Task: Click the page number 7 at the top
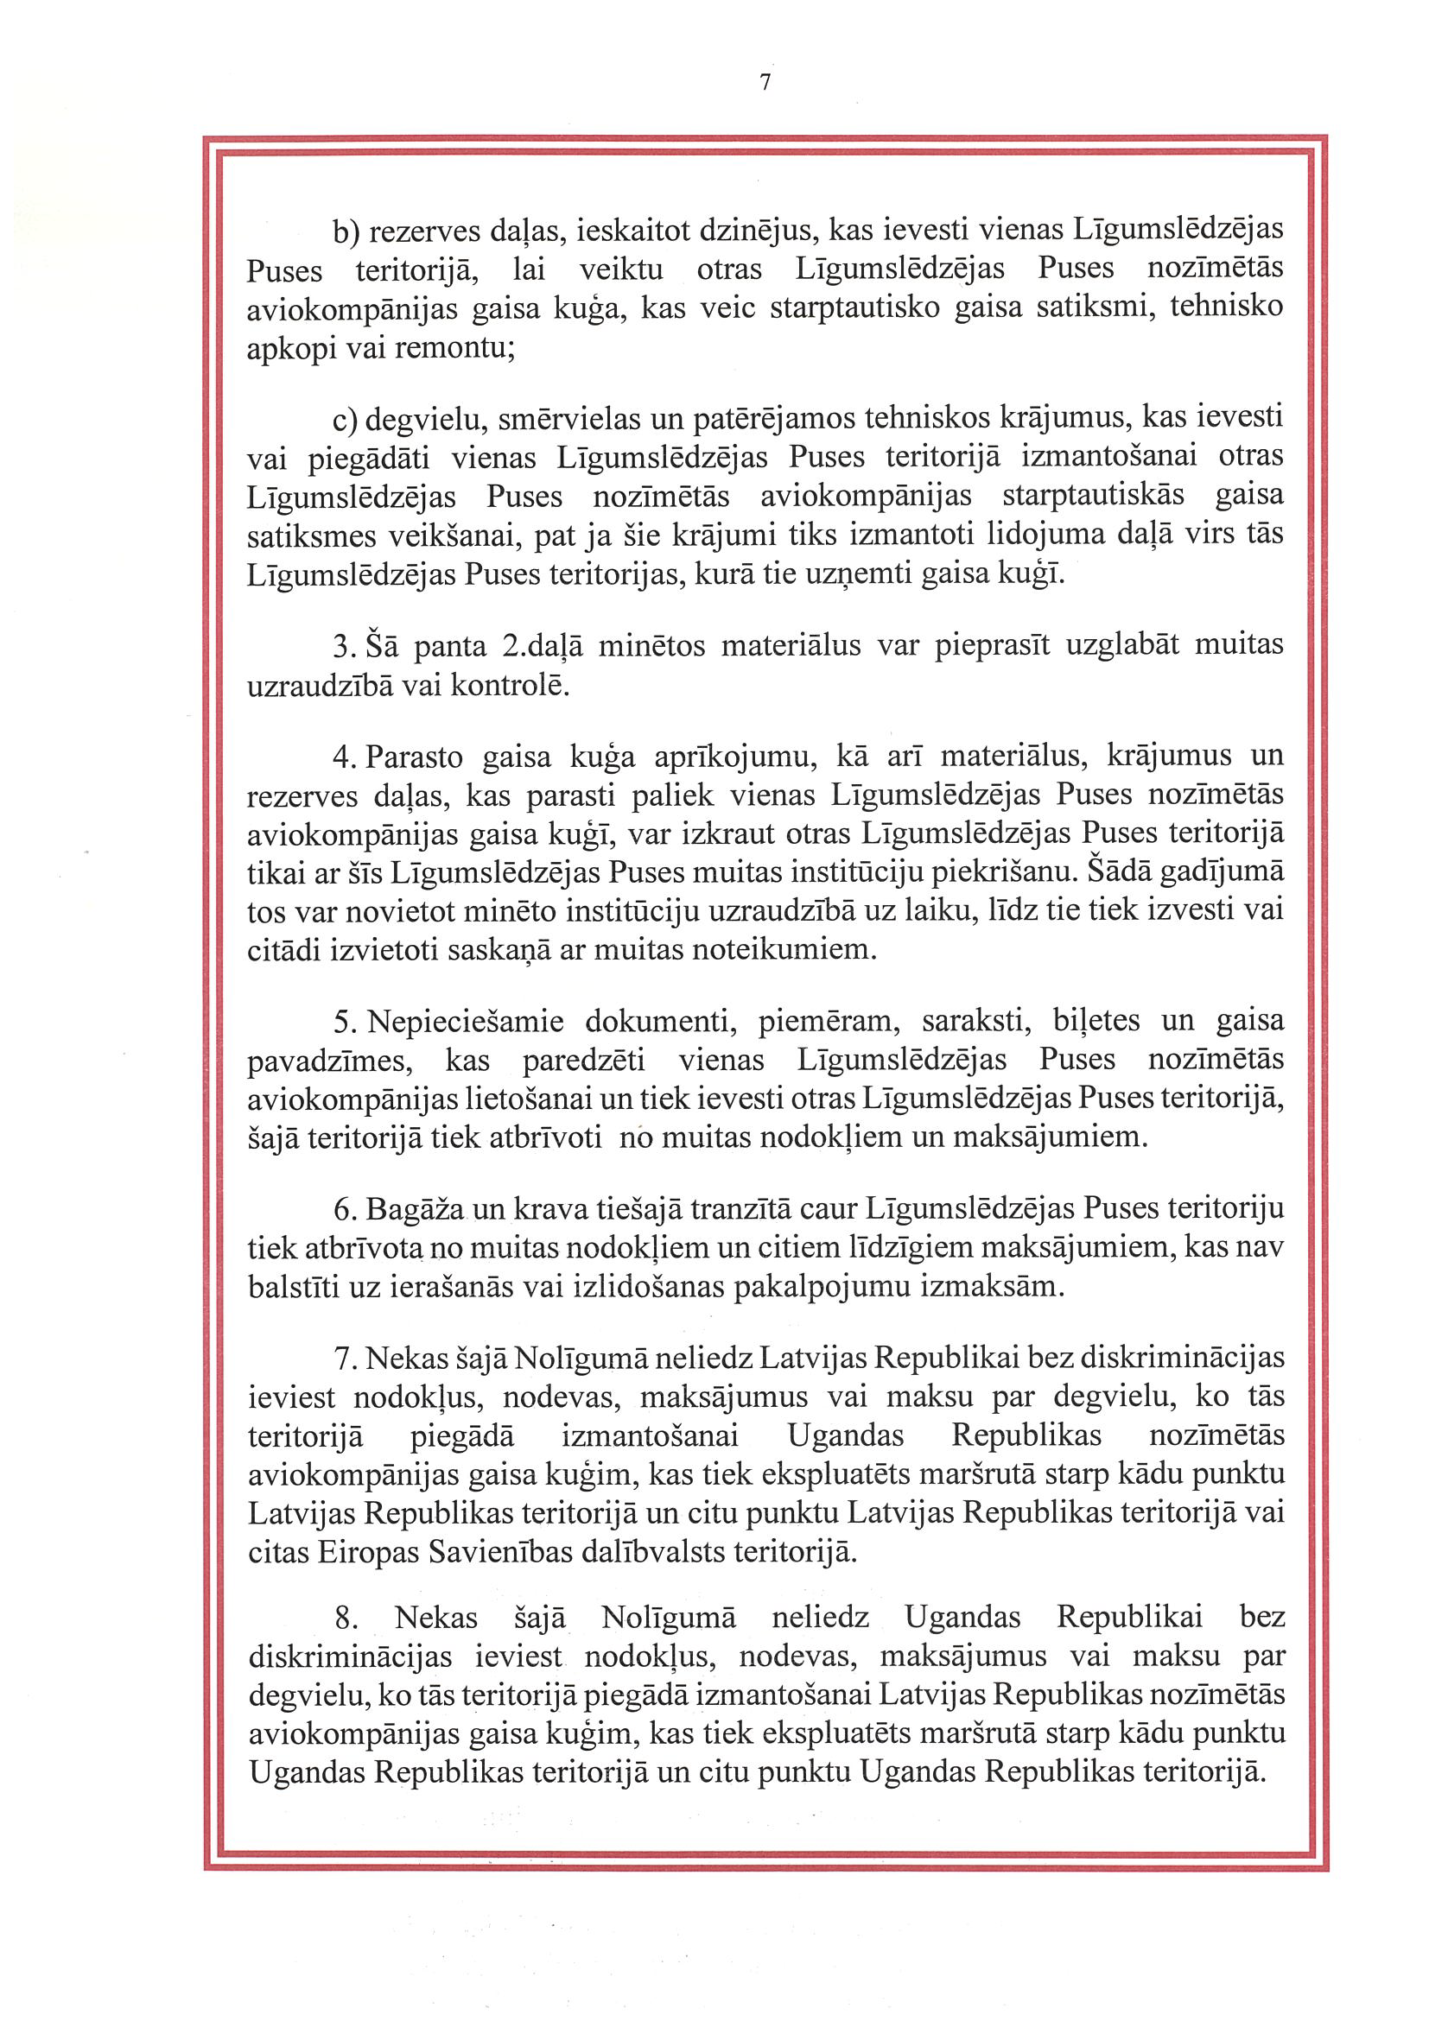[765, 83]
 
